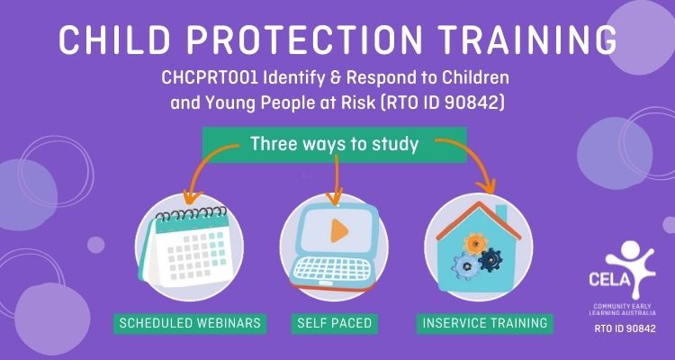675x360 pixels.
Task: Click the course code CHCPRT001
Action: coord(209,78)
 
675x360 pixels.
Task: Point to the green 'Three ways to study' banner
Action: coord(335,145)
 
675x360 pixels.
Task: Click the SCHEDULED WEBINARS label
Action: coord(190,323)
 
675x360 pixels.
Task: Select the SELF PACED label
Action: coord(335,323)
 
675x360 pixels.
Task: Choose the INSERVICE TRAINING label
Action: coord(485,323)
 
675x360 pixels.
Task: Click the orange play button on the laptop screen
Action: coord(339,231)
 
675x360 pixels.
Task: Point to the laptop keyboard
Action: coord(332,269)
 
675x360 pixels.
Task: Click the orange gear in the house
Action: coord(475,244)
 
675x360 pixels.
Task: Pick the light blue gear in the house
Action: coord(466,266)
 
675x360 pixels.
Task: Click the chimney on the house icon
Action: coord(501,214)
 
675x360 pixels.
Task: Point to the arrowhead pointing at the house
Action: coord(487,186)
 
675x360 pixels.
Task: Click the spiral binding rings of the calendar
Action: coord(191,213)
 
